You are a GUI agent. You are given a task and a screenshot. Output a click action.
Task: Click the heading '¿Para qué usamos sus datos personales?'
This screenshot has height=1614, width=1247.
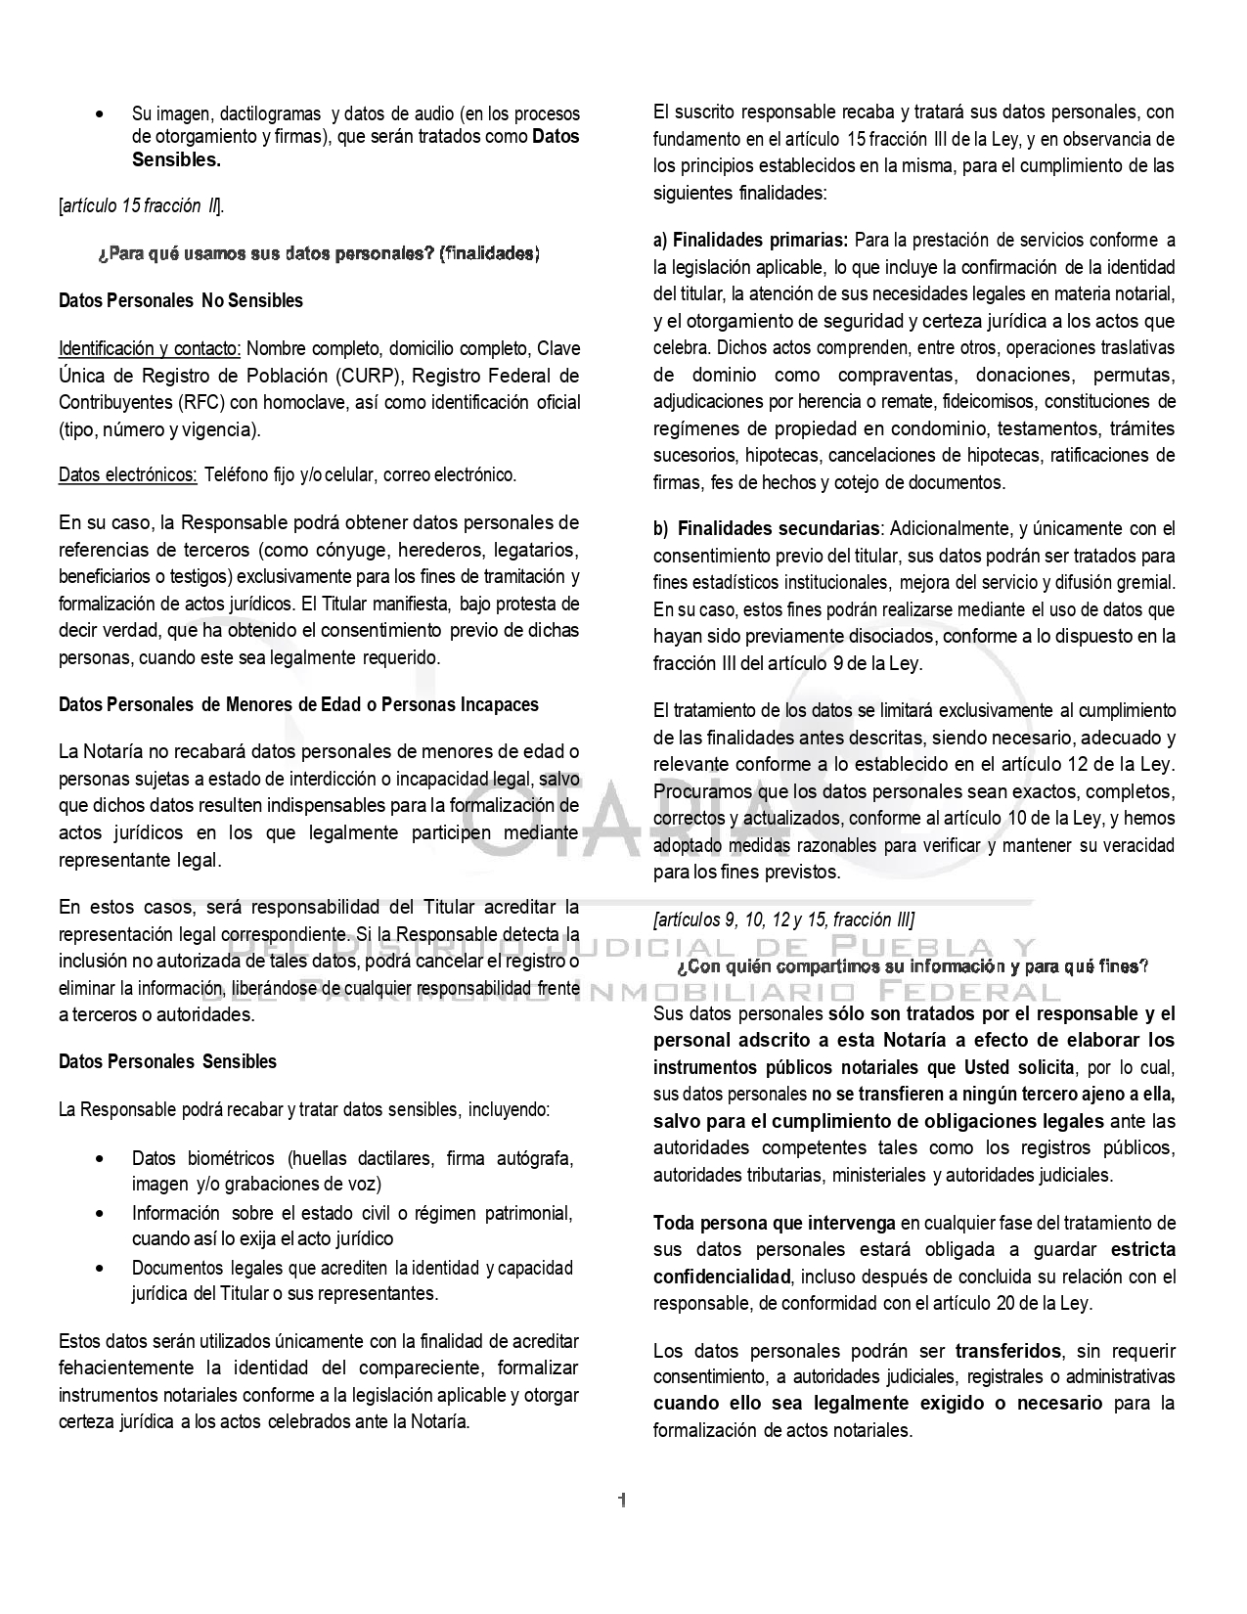[319, 254]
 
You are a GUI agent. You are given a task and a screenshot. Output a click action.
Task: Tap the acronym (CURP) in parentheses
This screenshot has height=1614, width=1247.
[361, 376]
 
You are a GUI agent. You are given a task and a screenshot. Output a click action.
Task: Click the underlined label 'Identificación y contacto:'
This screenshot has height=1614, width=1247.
[151, 349]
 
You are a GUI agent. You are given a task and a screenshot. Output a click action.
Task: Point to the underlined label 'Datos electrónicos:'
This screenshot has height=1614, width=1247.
[128, 475]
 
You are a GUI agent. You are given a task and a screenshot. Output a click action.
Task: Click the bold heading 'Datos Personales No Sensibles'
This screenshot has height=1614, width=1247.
[181, 301]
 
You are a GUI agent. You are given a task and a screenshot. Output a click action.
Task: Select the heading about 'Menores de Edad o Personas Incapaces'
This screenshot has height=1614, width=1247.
[298, 704]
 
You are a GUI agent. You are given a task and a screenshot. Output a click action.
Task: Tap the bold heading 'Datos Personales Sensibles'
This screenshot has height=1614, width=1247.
[167, 1062]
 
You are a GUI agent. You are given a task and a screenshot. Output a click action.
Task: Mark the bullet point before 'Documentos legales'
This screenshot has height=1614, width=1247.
[102, 1269]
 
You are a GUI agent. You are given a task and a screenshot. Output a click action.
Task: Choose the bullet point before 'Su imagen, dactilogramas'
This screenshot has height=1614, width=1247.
[102, 115]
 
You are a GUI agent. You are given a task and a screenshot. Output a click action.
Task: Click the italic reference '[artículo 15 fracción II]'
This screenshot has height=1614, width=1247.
[141, 206]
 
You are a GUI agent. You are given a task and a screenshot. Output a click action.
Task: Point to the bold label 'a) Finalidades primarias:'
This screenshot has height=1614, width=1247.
[751, 241]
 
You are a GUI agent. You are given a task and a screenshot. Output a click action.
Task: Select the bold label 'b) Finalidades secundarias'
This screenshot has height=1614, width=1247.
[767, 529]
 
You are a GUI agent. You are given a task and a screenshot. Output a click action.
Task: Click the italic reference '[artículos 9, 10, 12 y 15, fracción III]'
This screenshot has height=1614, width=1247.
[784, 920]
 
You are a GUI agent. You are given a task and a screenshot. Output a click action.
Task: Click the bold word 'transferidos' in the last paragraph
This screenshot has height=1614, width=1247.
[1008, 1352]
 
